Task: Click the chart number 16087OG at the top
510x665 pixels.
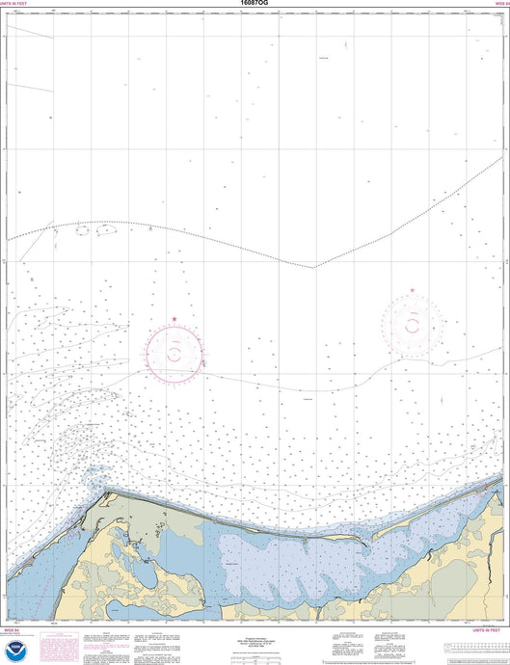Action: click(x=255, y=5)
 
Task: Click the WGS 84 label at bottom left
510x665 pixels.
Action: click(x=11, y=628)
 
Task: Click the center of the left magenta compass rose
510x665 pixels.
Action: click(x=174, y=353)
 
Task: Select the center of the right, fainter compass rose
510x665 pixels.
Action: click(x=413, y=326)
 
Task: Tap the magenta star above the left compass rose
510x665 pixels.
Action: click(x=174, y=319)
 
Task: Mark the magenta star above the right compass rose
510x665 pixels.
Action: click(x=413, y=290)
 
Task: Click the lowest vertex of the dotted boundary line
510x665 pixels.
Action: click(x=311, y=268)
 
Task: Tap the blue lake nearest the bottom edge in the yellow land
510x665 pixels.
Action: click(x=115, y=606)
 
